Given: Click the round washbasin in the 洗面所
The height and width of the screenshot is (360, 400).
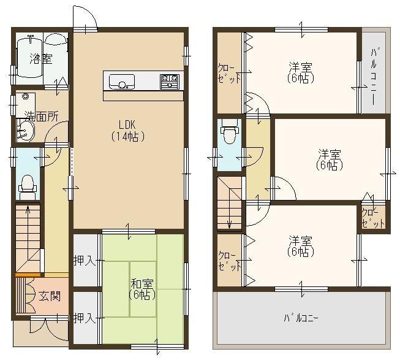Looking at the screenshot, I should [x=25, y=129].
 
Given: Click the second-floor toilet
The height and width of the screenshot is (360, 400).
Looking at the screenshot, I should [x=230, y=133].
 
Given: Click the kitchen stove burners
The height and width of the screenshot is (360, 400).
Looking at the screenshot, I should [x=169, y=81].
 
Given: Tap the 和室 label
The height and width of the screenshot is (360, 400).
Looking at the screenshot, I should [x=142, y=284].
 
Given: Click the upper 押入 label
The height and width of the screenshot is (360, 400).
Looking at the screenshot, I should [x=85, y=261].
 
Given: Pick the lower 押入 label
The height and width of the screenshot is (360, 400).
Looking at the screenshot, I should [x=84, y=318].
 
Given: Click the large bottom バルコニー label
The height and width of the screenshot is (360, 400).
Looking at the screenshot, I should [x=300, y=318].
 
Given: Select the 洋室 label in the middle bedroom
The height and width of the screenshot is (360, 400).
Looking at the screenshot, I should [x=329, y=154].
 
